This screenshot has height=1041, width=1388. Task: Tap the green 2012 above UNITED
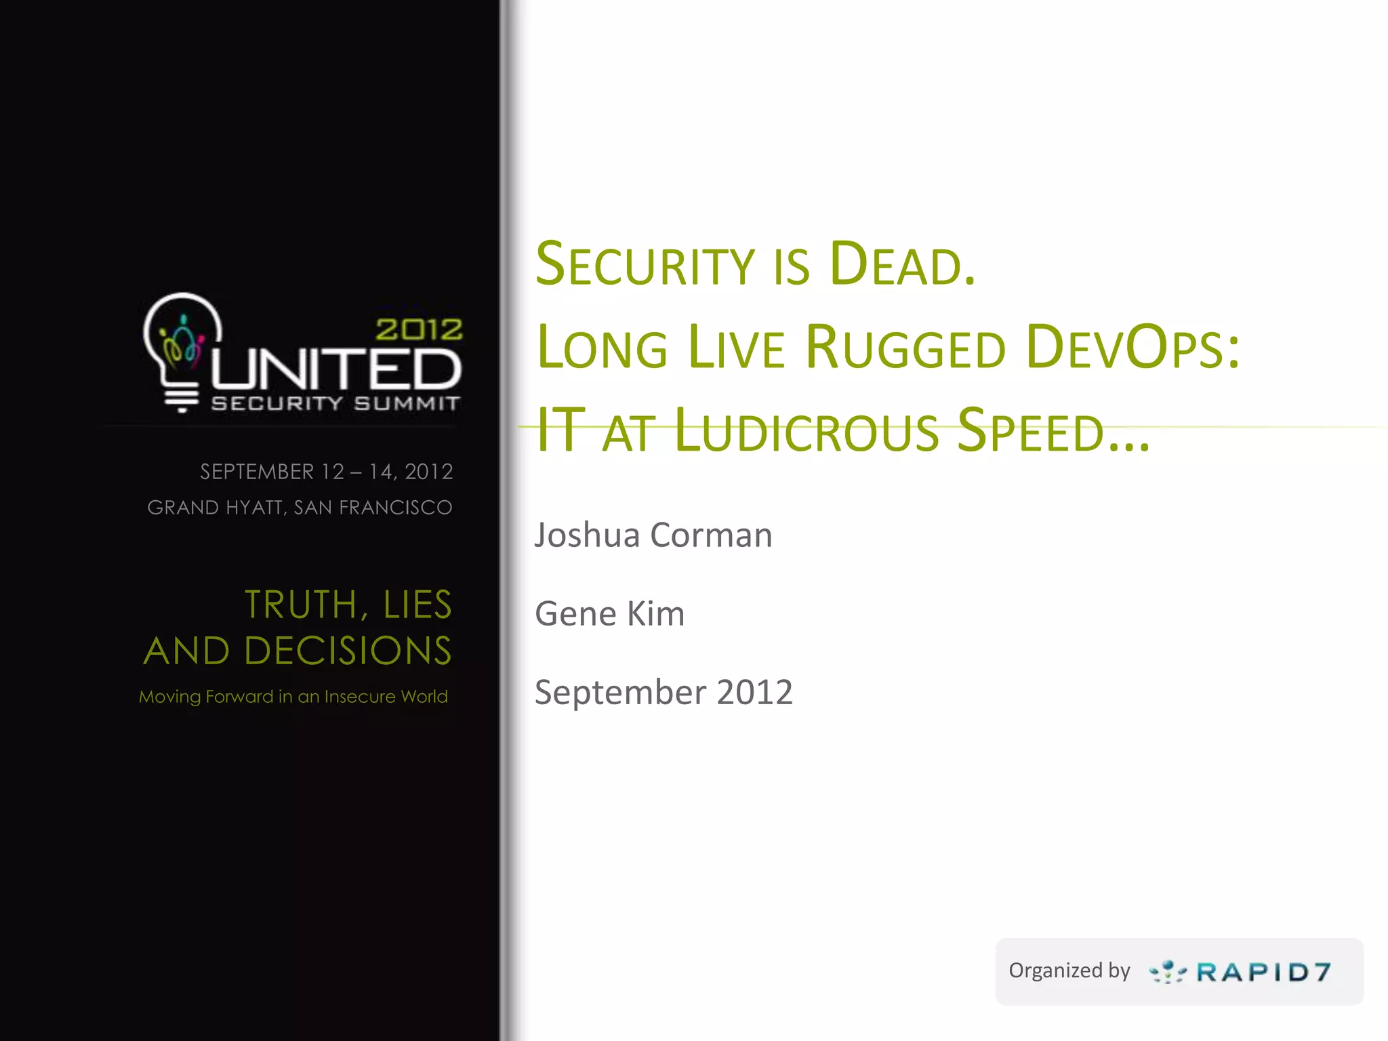click(x=419, y=330)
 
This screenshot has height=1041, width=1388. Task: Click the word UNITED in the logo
click(x=337, y=369)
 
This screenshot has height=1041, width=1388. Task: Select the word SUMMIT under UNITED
click(x=407, y=404)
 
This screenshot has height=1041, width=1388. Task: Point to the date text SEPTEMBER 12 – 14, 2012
click(x=326, y=472)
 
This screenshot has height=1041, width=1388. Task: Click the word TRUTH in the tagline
click(x=301, y=605)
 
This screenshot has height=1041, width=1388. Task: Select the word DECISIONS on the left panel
click(x=348, y=651)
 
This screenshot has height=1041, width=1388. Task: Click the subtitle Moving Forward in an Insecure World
click(x=293, y=697)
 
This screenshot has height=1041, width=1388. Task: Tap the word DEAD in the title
click(x=901, y=264)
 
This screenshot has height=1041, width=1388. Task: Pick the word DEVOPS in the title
click(x=1132, y=348)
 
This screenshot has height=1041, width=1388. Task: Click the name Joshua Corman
click(x=653, y=535)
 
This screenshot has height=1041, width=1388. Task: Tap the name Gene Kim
click(x=609, y=614)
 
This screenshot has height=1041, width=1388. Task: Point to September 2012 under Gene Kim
click(x=664, y=693)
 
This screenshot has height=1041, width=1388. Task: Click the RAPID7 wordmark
click(x=1263, y=973)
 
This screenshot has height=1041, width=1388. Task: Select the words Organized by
click(x=1069, y=971)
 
